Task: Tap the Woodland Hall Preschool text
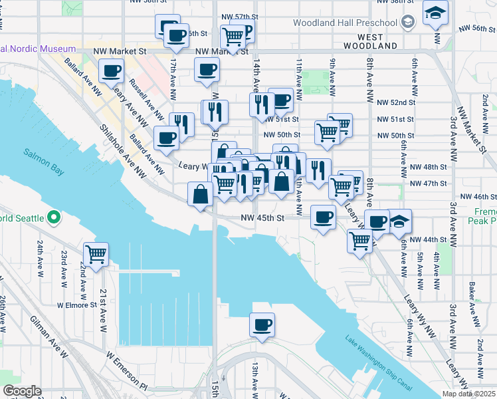[346, 23]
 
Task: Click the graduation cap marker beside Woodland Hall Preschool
[436, 13]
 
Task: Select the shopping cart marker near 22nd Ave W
[96, 254]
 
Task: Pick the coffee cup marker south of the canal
[262, 325]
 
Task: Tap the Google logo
[22, 391]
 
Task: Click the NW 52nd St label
[403, 102]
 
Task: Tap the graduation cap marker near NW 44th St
[400, 221]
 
